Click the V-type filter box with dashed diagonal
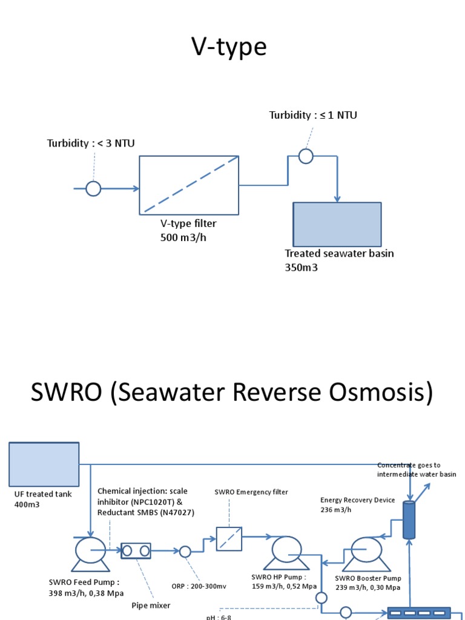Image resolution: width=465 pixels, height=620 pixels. [189, 185]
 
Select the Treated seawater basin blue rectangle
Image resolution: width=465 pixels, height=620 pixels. [337, 225]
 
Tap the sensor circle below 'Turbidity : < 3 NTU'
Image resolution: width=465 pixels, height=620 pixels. [93, 189]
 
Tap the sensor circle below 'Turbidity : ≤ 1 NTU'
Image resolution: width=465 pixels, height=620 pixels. [306, 156]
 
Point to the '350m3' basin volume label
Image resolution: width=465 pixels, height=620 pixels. [302, 267]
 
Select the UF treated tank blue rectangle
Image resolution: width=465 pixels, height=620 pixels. [44, 463]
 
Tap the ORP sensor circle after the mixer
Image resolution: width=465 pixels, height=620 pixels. [185, 551]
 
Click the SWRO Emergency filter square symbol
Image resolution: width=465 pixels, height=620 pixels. [229, 539]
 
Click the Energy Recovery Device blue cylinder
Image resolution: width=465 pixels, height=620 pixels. [410, 519]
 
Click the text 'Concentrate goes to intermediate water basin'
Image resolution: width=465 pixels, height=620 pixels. [417, 470]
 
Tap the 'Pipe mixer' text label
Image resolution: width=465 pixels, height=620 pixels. [151, 604]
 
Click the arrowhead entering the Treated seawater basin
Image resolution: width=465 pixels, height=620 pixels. [338, 199]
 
